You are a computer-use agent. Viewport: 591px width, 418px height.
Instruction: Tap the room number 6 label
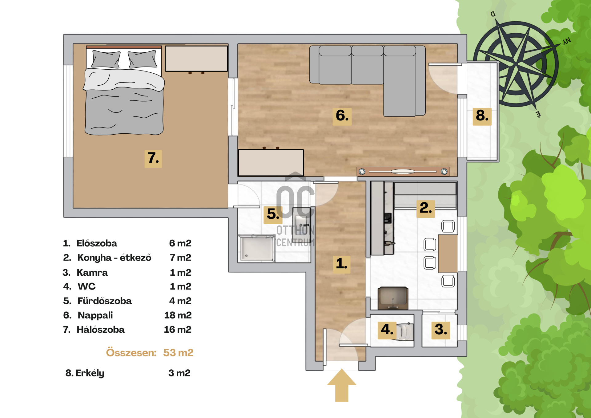pos(342,116)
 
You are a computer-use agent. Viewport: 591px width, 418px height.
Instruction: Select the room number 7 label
pos(153,158)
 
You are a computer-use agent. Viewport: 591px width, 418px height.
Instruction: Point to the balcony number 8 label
pos(482,116)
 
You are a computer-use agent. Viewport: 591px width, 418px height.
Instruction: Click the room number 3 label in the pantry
pos(441,330)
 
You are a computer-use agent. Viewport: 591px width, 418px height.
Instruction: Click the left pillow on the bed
pos(106,59)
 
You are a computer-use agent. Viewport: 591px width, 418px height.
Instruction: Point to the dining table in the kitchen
pos(448,254)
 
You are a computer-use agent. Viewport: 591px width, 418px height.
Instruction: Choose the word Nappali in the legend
pos(95,315)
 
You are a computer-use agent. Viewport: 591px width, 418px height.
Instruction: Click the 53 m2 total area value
pos(178,353)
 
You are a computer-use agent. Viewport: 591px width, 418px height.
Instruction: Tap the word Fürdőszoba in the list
pos(105,301)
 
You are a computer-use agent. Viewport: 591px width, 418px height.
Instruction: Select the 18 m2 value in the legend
pos(178,315)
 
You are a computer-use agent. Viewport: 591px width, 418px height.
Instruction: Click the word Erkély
pos(90,373)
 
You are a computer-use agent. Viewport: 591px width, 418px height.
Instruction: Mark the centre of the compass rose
pos(516,64)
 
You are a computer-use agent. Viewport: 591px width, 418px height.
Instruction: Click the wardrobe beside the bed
pos(196,59)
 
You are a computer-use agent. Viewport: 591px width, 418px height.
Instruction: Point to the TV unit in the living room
pos(403,172)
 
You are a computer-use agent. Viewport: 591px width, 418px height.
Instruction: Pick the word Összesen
pos(131,353)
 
